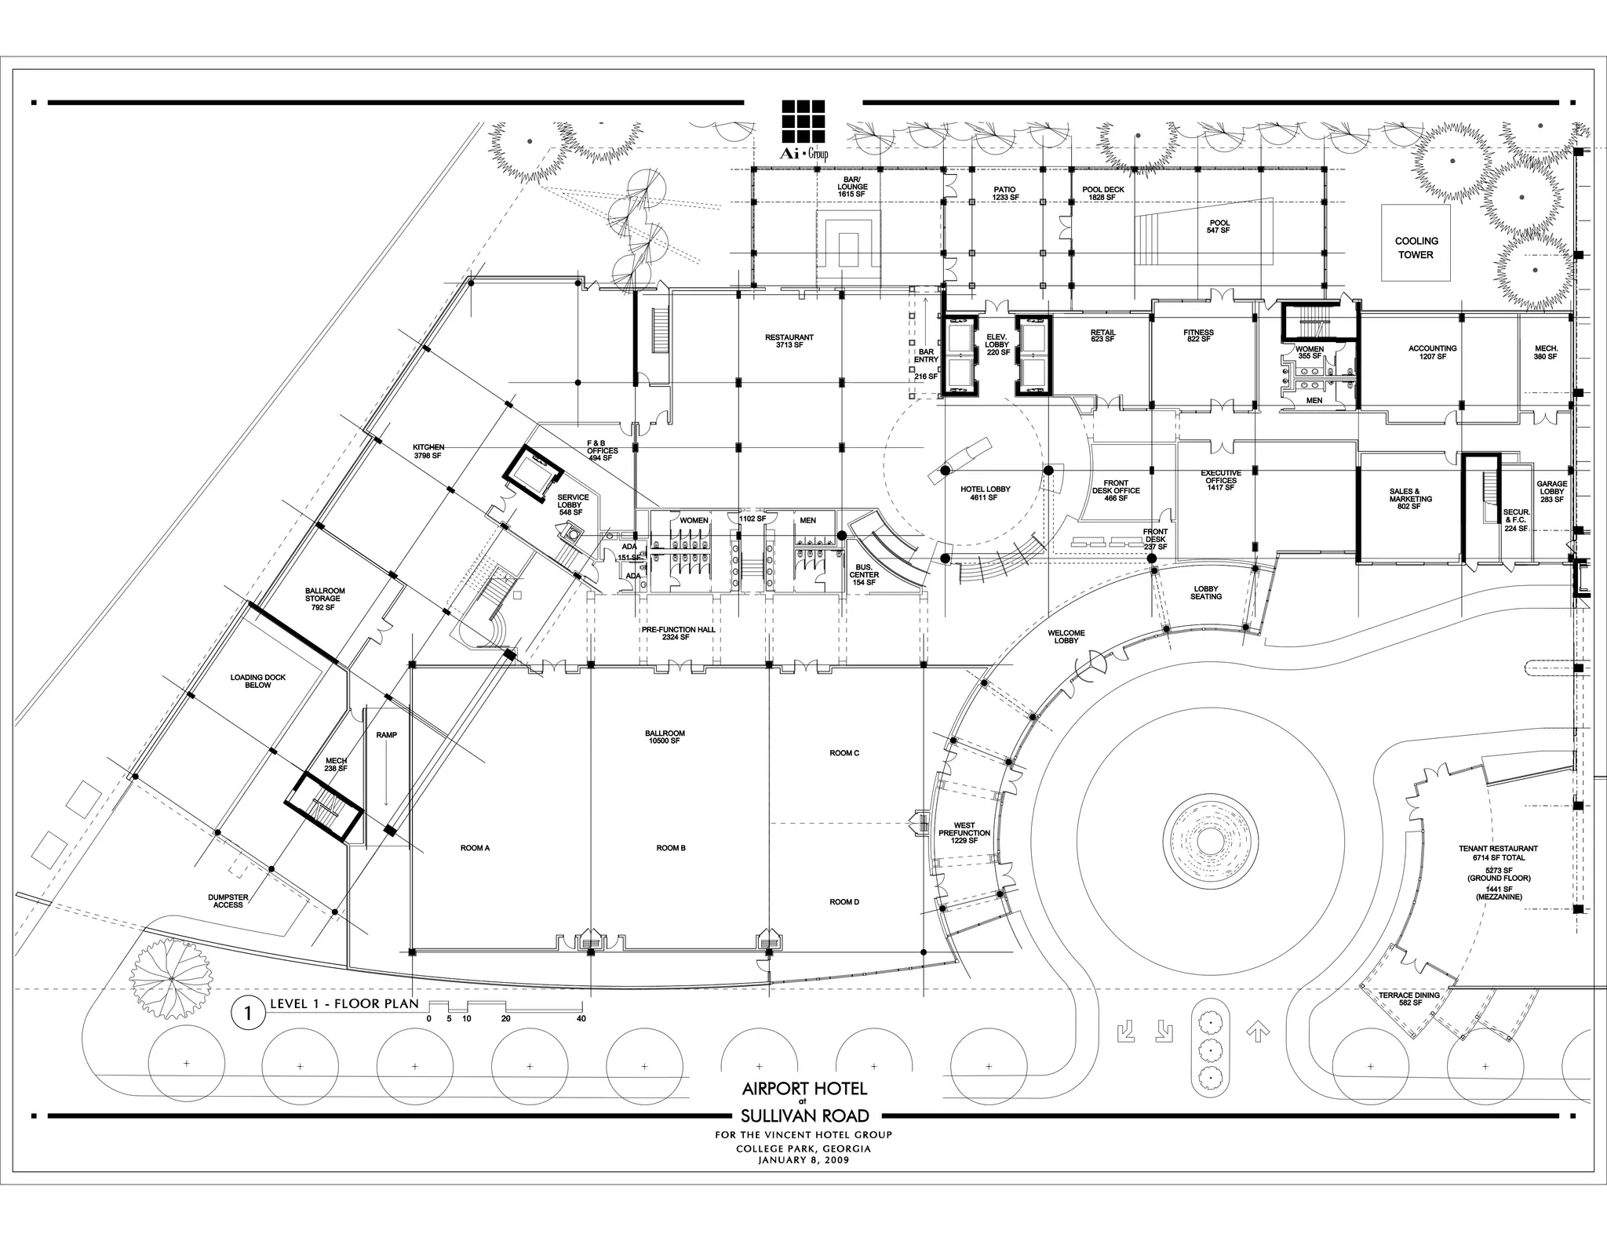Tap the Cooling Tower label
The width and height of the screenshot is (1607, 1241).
(x=1416, y=248)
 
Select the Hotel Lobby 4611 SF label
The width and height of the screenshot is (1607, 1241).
(x=985, y=493)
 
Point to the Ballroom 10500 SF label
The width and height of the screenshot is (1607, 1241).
(x=665, y=737)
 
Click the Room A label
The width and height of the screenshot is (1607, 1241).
(x=475, y=848)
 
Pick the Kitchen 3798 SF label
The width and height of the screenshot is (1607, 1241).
(x=428, y=451)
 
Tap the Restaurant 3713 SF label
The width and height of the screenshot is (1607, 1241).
(x=789, y=341)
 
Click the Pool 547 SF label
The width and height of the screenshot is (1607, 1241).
(x=1219, y=227)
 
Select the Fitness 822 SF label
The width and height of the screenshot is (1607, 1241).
(x=1198, y=337)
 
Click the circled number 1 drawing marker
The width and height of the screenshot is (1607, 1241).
(x=248, y=1014)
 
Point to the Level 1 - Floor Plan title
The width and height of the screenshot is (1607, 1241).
(x=344, y=1004)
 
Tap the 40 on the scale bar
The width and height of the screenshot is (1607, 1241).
(x=581, y=1019)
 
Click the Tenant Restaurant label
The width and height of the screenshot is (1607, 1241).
(x=1498, y=853)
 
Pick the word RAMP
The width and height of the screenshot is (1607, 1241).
(x=386, y=735)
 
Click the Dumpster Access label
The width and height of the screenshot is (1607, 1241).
(x=228, y=901)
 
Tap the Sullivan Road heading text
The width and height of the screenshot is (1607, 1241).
(x=804, y=1116)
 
